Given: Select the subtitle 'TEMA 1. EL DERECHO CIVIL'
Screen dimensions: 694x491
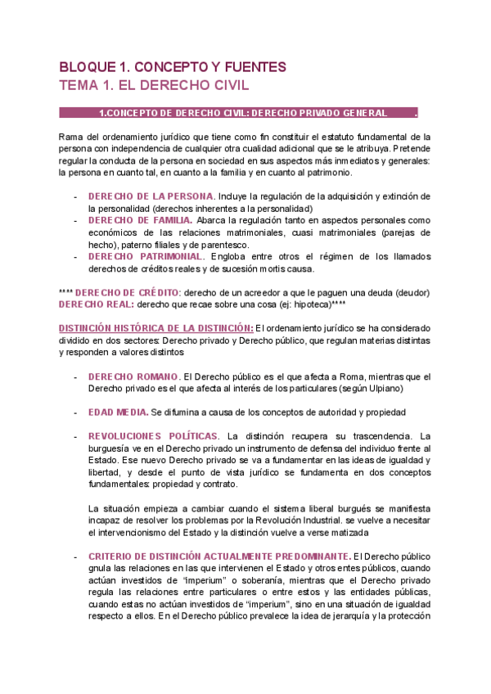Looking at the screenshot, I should pos(154,85).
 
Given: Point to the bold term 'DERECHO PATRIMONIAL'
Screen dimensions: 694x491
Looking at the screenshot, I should pos(146,256).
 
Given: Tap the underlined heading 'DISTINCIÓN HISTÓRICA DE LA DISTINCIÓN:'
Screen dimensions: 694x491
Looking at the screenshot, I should pos(156,328).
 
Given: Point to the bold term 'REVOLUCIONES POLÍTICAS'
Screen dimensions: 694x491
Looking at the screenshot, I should pos(153,435).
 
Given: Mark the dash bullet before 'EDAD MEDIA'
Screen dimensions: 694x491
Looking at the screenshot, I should pos(76,412).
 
